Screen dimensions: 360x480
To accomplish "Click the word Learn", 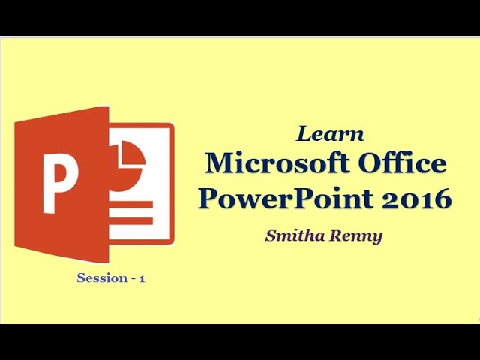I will (330, 135).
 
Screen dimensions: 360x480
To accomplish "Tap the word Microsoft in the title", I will (265, 163).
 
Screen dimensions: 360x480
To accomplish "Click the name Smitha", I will (294, 235).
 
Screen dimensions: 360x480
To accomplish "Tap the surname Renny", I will (355, 236).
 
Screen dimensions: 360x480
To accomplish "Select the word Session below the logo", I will (102, 278).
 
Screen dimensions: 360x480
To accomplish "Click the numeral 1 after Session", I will (142, 278).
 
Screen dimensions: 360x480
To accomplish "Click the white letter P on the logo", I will (61, 183).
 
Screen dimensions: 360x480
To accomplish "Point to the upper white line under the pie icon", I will (132, 204).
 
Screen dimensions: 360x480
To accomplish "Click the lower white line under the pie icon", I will (132, 220).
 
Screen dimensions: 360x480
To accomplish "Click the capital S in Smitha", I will (271, 235).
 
